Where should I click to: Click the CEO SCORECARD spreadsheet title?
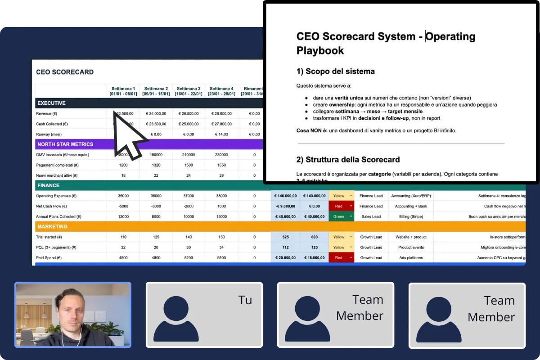pyautogui.click(x=65, y=72)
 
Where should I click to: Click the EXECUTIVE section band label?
pyautogui.click(x=51, y=103)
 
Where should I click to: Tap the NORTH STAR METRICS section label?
pyautogui.click(x=65, y=144)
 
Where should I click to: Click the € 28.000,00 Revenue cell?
pyautogui.click(x=221, y=114)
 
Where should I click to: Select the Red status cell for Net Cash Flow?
pyautogui.click(x=341, y=206)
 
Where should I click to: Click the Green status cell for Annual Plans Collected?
pyautogui.click(x=341, y=216)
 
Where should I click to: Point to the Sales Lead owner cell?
pyautogui.click(x=371, y=216)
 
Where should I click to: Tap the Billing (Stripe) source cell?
pyautogui.click(x=410, y=216)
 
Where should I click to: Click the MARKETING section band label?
pyautogui.click(x=52, y=227)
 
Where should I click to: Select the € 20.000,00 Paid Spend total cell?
pyautogui.click(x=285, y=258)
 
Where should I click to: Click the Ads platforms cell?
pyautogui.click(x=410, y=258)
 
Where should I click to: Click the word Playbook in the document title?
pyautogui.click(x=320, y=50)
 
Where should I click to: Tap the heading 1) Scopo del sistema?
pyautogui.click(x=335, y=71)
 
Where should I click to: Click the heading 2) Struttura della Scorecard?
pyautogui.click(x=348, y=159)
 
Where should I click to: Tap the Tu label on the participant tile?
pyautogui.click(x=245, y=300)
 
